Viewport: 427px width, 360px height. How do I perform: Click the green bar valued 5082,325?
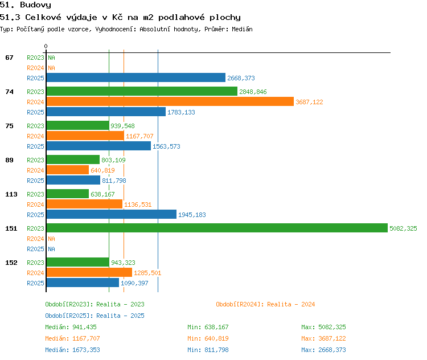pos(217,228)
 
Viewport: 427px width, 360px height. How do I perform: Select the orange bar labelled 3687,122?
pos(170,101)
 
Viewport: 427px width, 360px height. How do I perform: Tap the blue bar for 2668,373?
pos(136,77)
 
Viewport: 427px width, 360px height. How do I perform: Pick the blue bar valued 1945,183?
pos(112,214)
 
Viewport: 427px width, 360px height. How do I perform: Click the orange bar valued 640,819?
pos(68,170)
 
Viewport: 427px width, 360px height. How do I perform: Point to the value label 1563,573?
pos(166,146)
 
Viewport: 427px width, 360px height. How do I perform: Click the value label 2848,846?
pos(253,92)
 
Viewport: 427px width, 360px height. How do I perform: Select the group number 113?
pos(11,194)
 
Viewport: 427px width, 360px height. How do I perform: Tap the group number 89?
pos(9,160)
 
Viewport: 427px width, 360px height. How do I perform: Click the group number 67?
pos(9,58)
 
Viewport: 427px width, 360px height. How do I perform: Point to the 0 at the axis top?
pos(46,46)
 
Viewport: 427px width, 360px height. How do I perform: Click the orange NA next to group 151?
pos(51,239)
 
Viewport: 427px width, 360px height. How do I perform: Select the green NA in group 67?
pos(51,58)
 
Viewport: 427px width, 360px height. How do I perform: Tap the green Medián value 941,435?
pos(84,327)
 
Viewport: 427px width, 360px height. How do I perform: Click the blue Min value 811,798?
pos(216,350)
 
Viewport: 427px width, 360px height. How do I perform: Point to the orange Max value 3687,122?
pos(332,338)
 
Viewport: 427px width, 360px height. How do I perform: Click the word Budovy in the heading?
pos(35,5)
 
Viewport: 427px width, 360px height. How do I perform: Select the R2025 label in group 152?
pos(35,283)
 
